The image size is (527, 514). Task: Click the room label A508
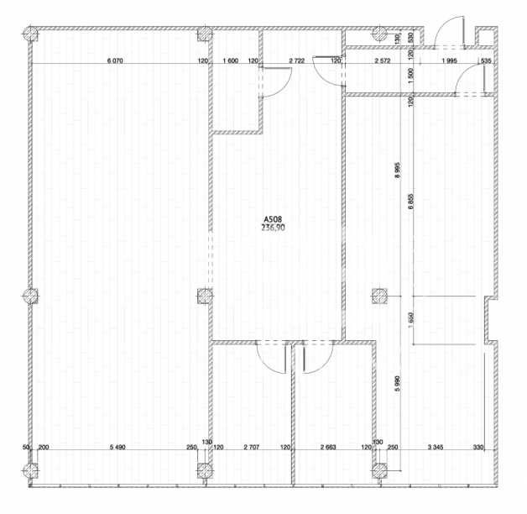coord(273,220)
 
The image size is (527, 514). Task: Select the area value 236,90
coord(273,228)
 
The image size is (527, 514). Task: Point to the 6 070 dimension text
coord(115,60)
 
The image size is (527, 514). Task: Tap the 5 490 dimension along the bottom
coord(117,447)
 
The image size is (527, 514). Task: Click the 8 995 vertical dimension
coord(398,170)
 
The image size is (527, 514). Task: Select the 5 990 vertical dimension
coord(398,384)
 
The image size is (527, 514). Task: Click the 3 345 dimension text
coord(436,447)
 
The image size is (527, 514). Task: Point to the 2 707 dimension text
coord(252,447)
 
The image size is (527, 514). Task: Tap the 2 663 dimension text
coord(328,447)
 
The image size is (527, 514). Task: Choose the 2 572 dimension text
coord(383,60)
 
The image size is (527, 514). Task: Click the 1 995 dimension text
coord(450,60)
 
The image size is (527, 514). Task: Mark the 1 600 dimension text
coord(231,60)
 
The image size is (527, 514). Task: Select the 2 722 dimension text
coord(297,60)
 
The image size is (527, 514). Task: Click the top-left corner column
coord(30,34)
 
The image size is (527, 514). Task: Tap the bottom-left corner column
coord(30,470)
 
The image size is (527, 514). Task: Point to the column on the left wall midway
coord(30,296)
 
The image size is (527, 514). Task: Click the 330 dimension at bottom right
coord(478,447)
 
